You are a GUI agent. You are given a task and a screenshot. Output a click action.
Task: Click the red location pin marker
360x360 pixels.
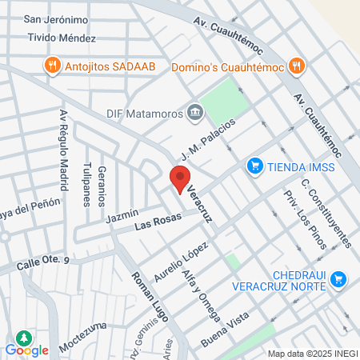point(180,179)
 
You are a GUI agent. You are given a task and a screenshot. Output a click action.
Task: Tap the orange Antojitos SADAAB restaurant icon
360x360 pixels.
point(52,64)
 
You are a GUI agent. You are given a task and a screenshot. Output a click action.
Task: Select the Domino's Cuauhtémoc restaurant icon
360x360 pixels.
point(296,64)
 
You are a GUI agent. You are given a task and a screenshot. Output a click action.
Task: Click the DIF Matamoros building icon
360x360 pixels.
point(194,112)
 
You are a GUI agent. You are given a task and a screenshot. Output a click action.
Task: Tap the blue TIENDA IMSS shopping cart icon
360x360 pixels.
point(254,166)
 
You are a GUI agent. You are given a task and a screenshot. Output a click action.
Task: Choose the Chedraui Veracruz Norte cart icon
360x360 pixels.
point(338,278)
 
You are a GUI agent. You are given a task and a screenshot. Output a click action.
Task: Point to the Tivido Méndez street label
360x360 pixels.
point(62,38)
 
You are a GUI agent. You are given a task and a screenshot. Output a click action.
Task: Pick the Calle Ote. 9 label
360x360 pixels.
point(46,261)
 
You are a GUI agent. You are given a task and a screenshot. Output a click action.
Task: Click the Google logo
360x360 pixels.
point(27,350)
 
